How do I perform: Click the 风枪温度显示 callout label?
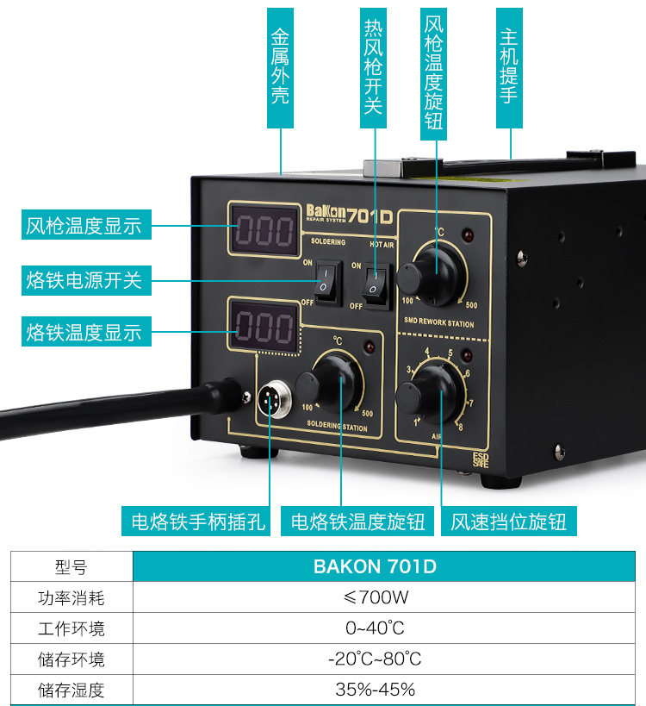84,227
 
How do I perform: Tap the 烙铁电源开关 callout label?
84,279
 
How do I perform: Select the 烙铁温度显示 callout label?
84,332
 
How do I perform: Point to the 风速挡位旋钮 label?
509,522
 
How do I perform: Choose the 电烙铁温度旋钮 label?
358,522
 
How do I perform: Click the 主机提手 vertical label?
508,68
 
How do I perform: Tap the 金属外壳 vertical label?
280,68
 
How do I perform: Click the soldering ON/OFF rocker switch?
326,280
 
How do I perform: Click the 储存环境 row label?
71,659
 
